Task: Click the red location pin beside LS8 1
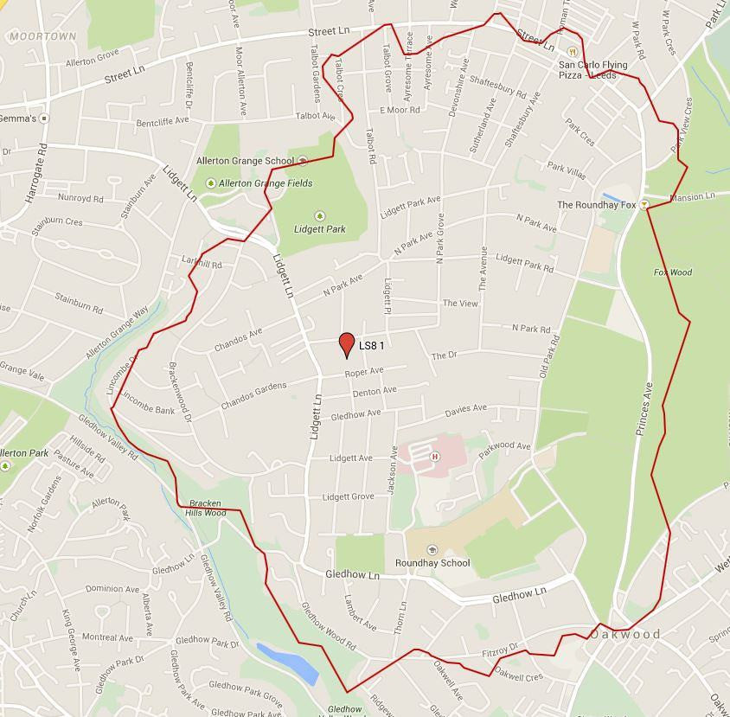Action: click(347, 343)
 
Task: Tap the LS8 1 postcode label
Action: click(371, 346)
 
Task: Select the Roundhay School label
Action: click(432, 563)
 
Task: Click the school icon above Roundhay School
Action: click(432, 550)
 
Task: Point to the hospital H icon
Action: click(434, 456)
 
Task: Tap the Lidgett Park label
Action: click(320, 229)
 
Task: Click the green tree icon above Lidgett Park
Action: click(319, 215)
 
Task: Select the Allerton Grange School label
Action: click(245, 161)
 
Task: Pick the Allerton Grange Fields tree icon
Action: click(210, 183)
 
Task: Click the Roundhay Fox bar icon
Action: click(644, 205)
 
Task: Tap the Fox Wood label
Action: click(672, 272)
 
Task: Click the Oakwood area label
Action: click(625, 634)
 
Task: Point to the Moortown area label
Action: click(43, 36)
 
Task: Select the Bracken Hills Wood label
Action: click(205, 508)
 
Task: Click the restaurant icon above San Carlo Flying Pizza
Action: click(572, 52)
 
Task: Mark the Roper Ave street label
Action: click(363, 372)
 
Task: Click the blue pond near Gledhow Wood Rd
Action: click(290, 662)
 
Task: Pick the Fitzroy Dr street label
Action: click(500, 649)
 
